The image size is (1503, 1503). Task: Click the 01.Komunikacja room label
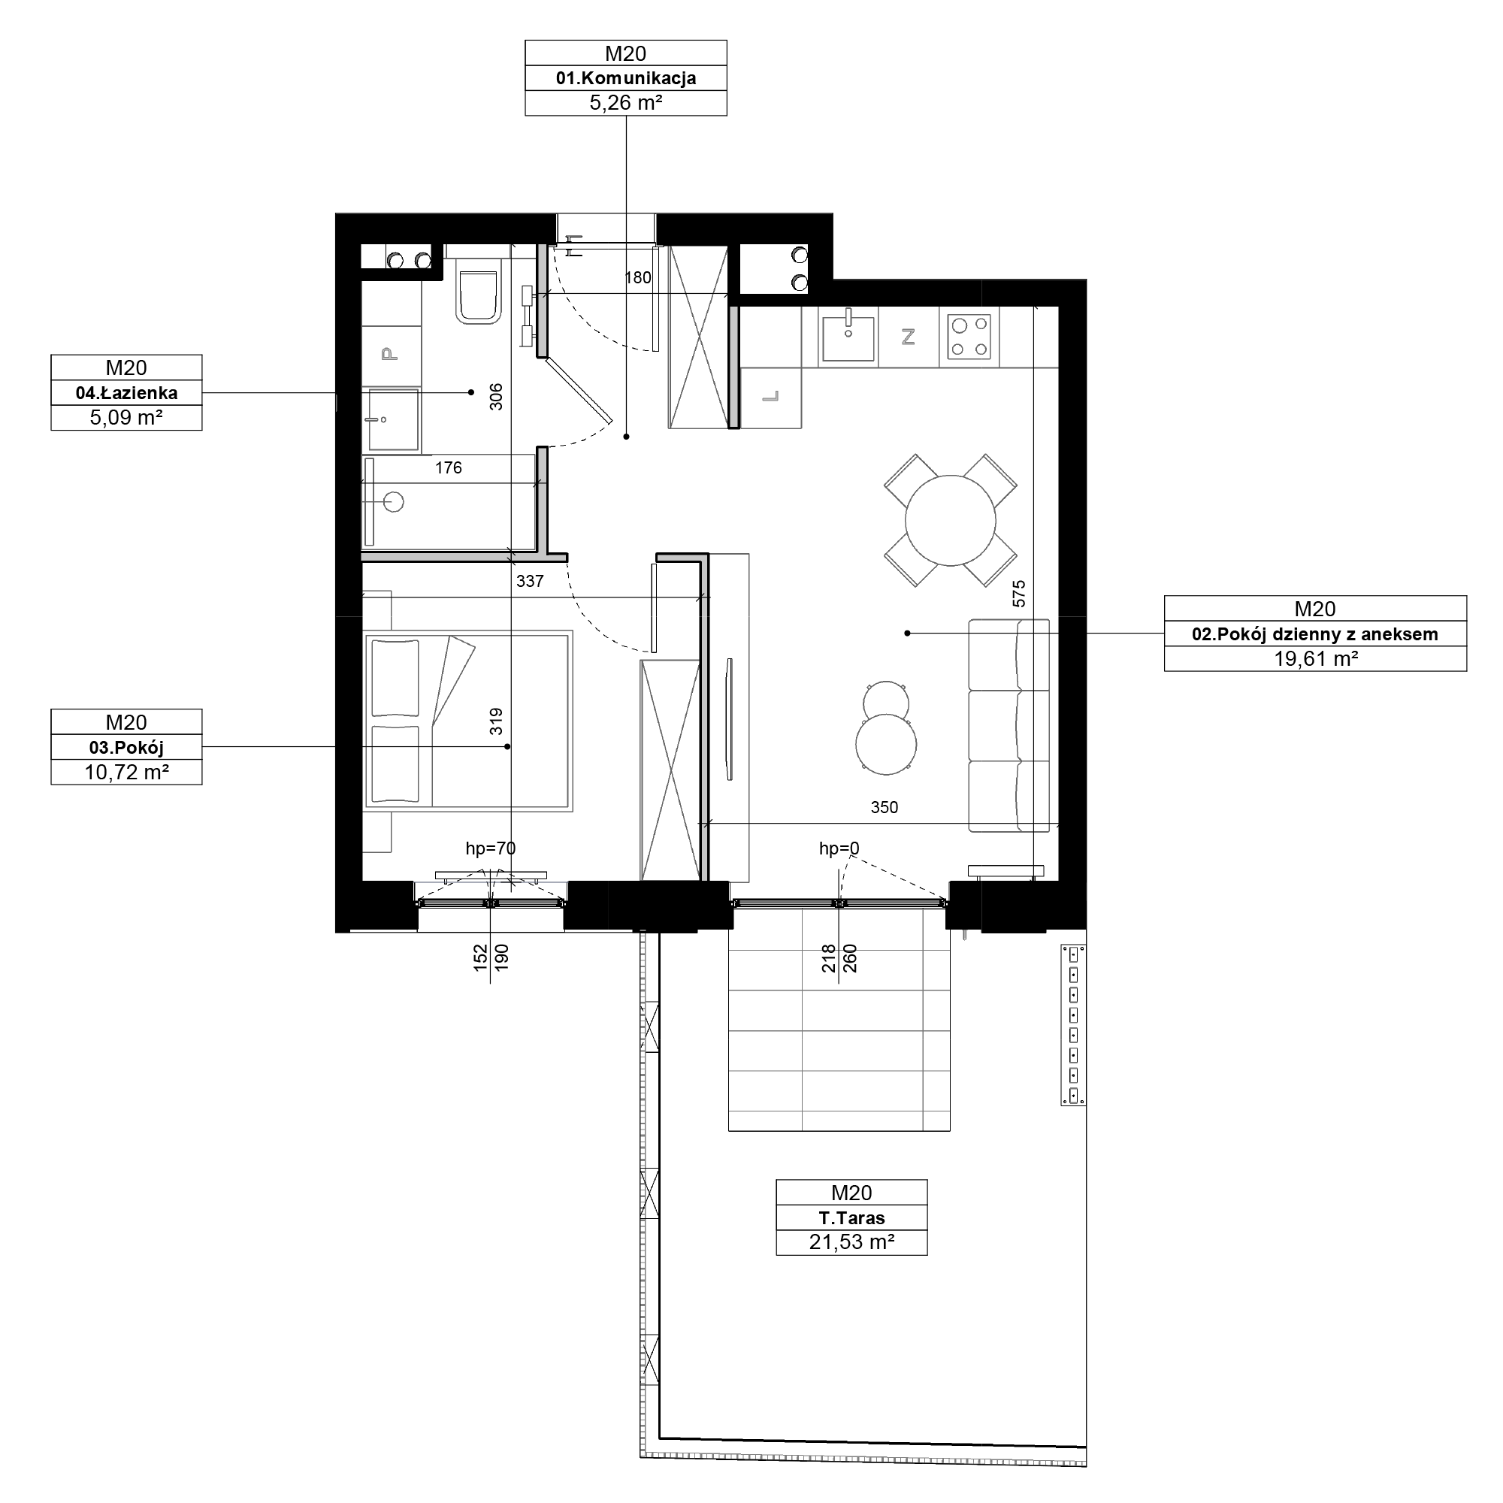[x=625, y=78]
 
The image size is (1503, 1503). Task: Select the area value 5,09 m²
[x=126, y=418]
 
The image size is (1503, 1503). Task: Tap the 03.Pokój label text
[x=126, y=748]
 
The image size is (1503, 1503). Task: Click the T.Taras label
[x=851, y=1217]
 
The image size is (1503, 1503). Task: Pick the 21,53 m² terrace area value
[x=851, y=1241]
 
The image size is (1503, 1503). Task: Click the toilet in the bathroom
[x=478, y=297]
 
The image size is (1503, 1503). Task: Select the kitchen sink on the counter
[x=848, y=335]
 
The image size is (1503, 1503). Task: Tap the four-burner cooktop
[x=969, y=337]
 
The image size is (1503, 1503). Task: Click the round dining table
[x=950, y=520]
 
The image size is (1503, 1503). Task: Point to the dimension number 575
[x=1019, y=594]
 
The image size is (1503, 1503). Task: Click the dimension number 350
[x=884, y=808]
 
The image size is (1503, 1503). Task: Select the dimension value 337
[x=530, y=581]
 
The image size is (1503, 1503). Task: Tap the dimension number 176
[x=448, y=467]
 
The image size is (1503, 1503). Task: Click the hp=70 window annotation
[x=490, y=848]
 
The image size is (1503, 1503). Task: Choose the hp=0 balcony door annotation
[x=839, y=848]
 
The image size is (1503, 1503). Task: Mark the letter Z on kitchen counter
[x=908, y=337]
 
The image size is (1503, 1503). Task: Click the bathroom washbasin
[x=393, y=420]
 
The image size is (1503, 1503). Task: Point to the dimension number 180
[x=638, y=278]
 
